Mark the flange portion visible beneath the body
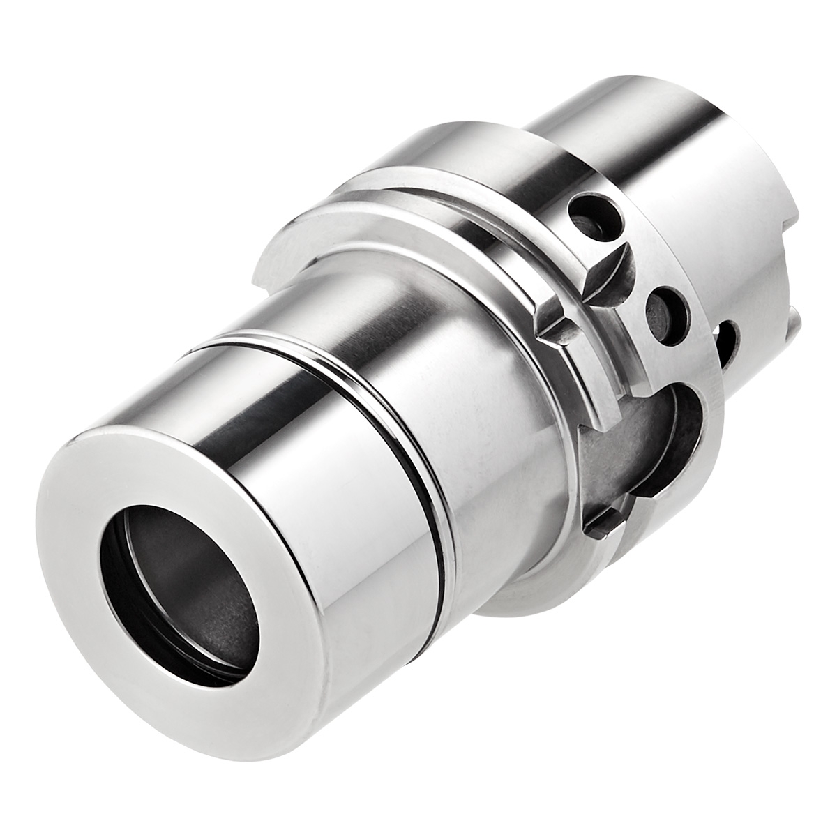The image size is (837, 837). [530, 586]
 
